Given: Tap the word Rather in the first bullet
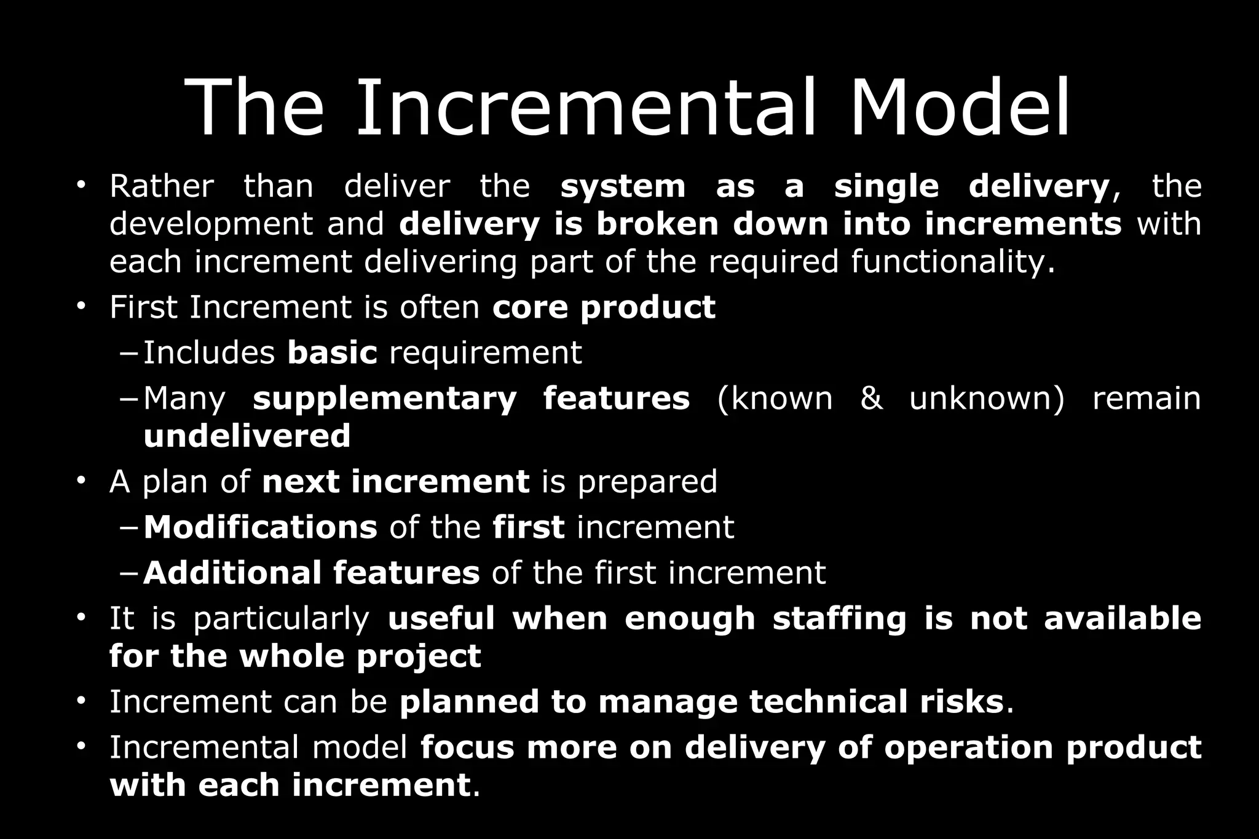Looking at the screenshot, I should tap(162, 186).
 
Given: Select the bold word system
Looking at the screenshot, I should tap(623, 186).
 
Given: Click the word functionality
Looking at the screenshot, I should tap(952, 262).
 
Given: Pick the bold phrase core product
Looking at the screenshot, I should tap(604, 307).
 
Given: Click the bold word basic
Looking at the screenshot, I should tap(332, 353).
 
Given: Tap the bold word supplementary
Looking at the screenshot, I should tap(385, 399).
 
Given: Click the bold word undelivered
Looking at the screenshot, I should tap(247, 436).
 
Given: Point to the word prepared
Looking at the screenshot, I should tap(647, 481).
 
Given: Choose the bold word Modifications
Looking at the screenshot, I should tap(260, 527).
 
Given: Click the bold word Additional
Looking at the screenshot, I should tap(232, 573).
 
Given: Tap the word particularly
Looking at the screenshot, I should tap(281, 619).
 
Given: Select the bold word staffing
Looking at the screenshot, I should tap(839, 619).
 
